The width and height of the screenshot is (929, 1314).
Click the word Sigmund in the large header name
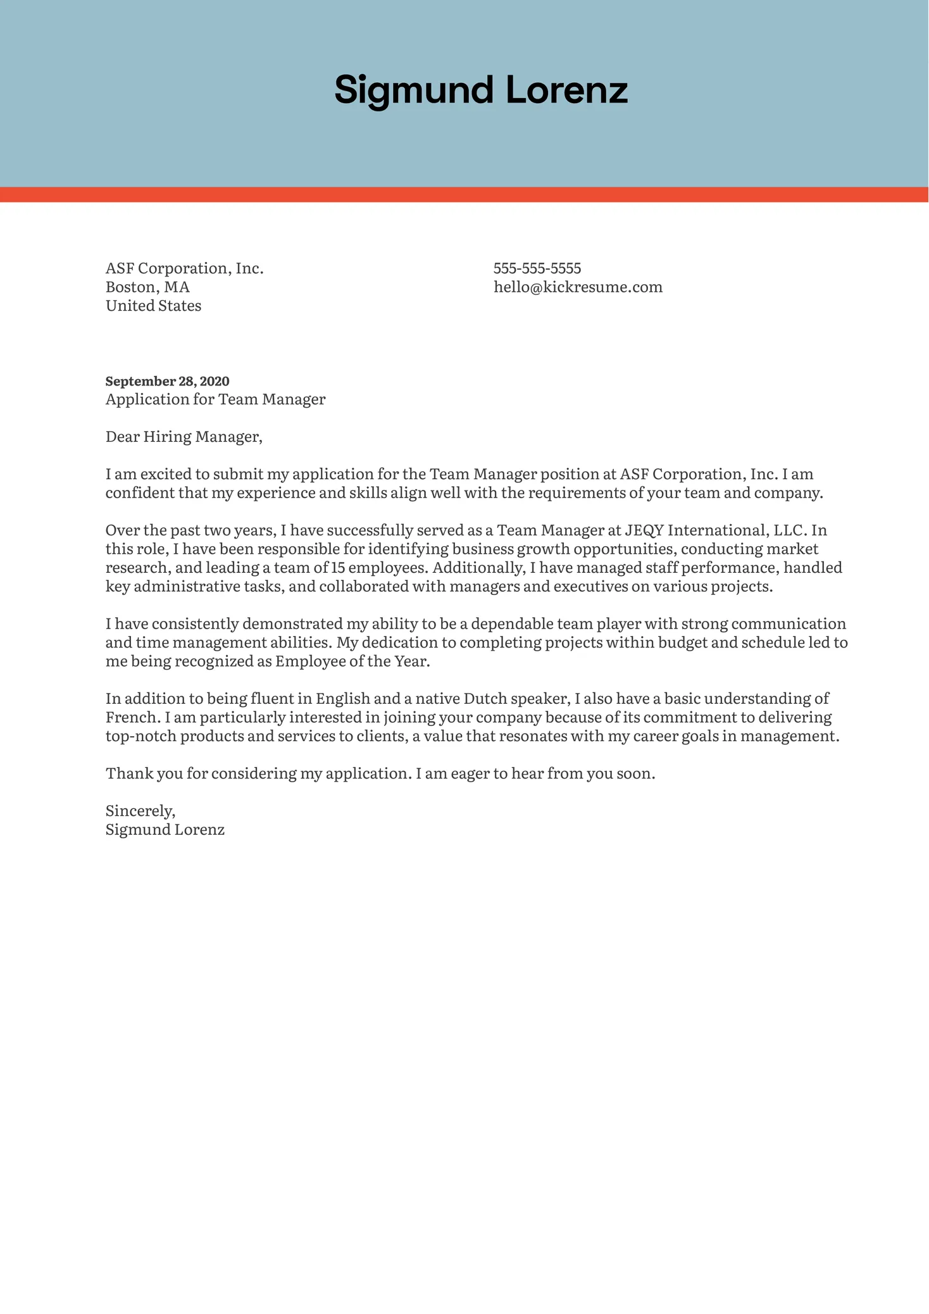(413, 91)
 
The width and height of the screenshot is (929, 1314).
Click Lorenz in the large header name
(566, 91)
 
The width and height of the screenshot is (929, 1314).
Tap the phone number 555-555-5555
(537, 268)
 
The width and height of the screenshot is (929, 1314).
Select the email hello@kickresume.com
(578, 287)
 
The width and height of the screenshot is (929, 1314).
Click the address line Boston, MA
(147, 287)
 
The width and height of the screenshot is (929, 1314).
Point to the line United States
(153, 306)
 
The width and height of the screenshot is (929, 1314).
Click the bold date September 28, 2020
(167, 381)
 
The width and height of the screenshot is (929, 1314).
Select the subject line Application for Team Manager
(215, 399)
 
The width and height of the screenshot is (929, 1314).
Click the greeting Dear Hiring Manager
(184, 437)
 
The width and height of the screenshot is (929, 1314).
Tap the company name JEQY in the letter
(644, 530)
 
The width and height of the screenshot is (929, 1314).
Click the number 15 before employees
(338, 568)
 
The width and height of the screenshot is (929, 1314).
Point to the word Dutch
(485, 699)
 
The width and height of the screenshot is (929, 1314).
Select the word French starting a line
(131, 718)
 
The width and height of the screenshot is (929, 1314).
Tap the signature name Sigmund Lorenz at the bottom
(165, 830)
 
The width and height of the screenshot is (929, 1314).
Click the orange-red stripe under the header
(464, 195)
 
